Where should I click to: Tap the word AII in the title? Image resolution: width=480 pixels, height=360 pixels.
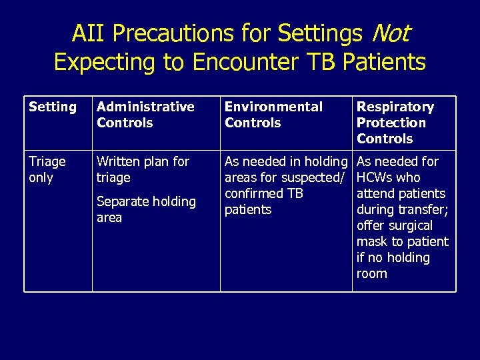(88, 32)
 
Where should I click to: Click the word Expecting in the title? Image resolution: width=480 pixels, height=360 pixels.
(105, 62)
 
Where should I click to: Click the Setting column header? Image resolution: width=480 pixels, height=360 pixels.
(53, 107)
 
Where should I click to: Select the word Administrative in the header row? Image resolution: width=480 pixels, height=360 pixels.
(145, 107)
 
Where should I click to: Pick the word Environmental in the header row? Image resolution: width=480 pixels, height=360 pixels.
(273, 107)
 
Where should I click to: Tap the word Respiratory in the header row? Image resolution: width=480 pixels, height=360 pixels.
(395, 107)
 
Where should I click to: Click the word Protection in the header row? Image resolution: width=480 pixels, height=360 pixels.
(391, 123)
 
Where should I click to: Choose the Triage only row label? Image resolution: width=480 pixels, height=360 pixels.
(47, 169)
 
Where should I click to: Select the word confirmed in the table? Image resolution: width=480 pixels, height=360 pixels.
(254, 193)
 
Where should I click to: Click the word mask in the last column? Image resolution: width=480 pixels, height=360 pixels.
(371, 241)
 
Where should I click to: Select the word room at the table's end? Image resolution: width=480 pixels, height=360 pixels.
(371, 273)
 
